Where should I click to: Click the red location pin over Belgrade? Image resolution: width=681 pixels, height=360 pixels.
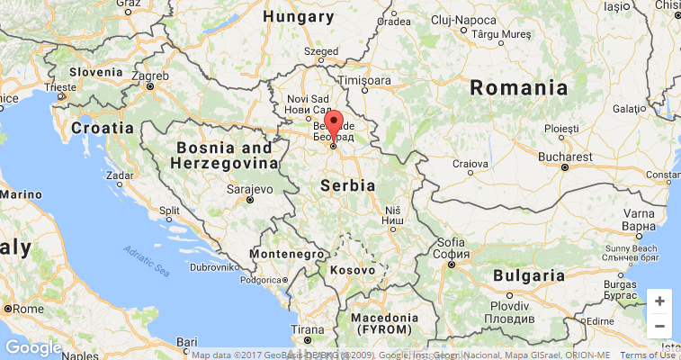(x=334, y=125)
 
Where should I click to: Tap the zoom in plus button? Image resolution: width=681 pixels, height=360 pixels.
(x=659, y=301)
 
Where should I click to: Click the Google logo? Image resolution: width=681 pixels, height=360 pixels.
(x=33, y=348)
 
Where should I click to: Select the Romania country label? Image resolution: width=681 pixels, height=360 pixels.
(x=519, y=88)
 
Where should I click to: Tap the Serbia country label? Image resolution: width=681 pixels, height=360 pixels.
(x=347, y=184)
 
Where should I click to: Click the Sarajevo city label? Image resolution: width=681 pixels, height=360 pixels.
(x=249, y=190)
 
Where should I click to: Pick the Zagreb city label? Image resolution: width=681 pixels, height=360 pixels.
(x=150, y=76)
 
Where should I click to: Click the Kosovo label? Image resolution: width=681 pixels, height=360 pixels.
(x=352, y=269)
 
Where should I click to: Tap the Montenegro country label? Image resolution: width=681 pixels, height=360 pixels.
(x=286, y=255)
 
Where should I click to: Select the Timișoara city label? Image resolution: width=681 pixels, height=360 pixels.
(x=363, y=80)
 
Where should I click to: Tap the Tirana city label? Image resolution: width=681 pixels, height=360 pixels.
(x=308, y=329)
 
